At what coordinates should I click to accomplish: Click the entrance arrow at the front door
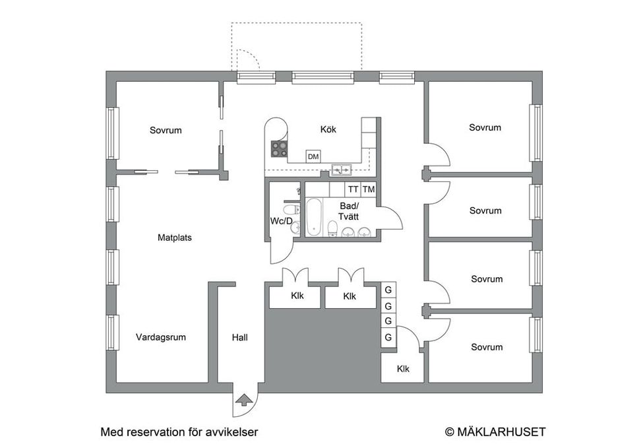[x=242, y=400]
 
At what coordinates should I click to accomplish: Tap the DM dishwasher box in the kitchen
[x=313, y=156]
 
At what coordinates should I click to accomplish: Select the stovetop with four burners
[x=280, y=148]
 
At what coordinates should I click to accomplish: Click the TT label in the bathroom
[x=353, y=189]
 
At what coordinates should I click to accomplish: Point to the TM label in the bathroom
[x=369, y=189]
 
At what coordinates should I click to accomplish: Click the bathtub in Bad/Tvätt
[x=314, y=217]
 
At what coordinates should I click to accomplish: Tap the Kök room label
[x=328, y=129]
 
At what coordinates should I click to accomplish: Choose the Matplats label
[x=174, y=238]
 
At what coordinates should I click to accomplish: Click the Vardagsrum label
[x=161, y=337]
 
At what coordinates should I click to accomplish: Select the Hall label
[x=240, y=337]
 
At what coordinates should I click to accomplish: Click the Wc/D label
[x=282, y=221]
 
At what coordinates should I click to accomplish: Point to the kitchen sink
[x=342, y=170]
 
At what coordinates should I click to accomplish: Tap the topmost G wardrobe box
[x=388, y=290]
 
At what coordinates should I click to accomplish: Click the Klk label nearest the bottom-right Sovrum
[x=403, y=369]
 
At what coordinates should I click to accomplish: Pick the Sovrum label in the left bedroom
[x=166, y=130]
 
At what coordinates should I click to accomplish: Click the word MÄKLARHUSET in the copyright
[x=501, y=432]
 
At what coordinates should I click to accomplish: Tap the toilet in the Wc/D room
[x=291, y=210]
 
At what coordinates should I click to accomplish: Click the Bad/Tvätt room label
[x=348, y=212]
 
